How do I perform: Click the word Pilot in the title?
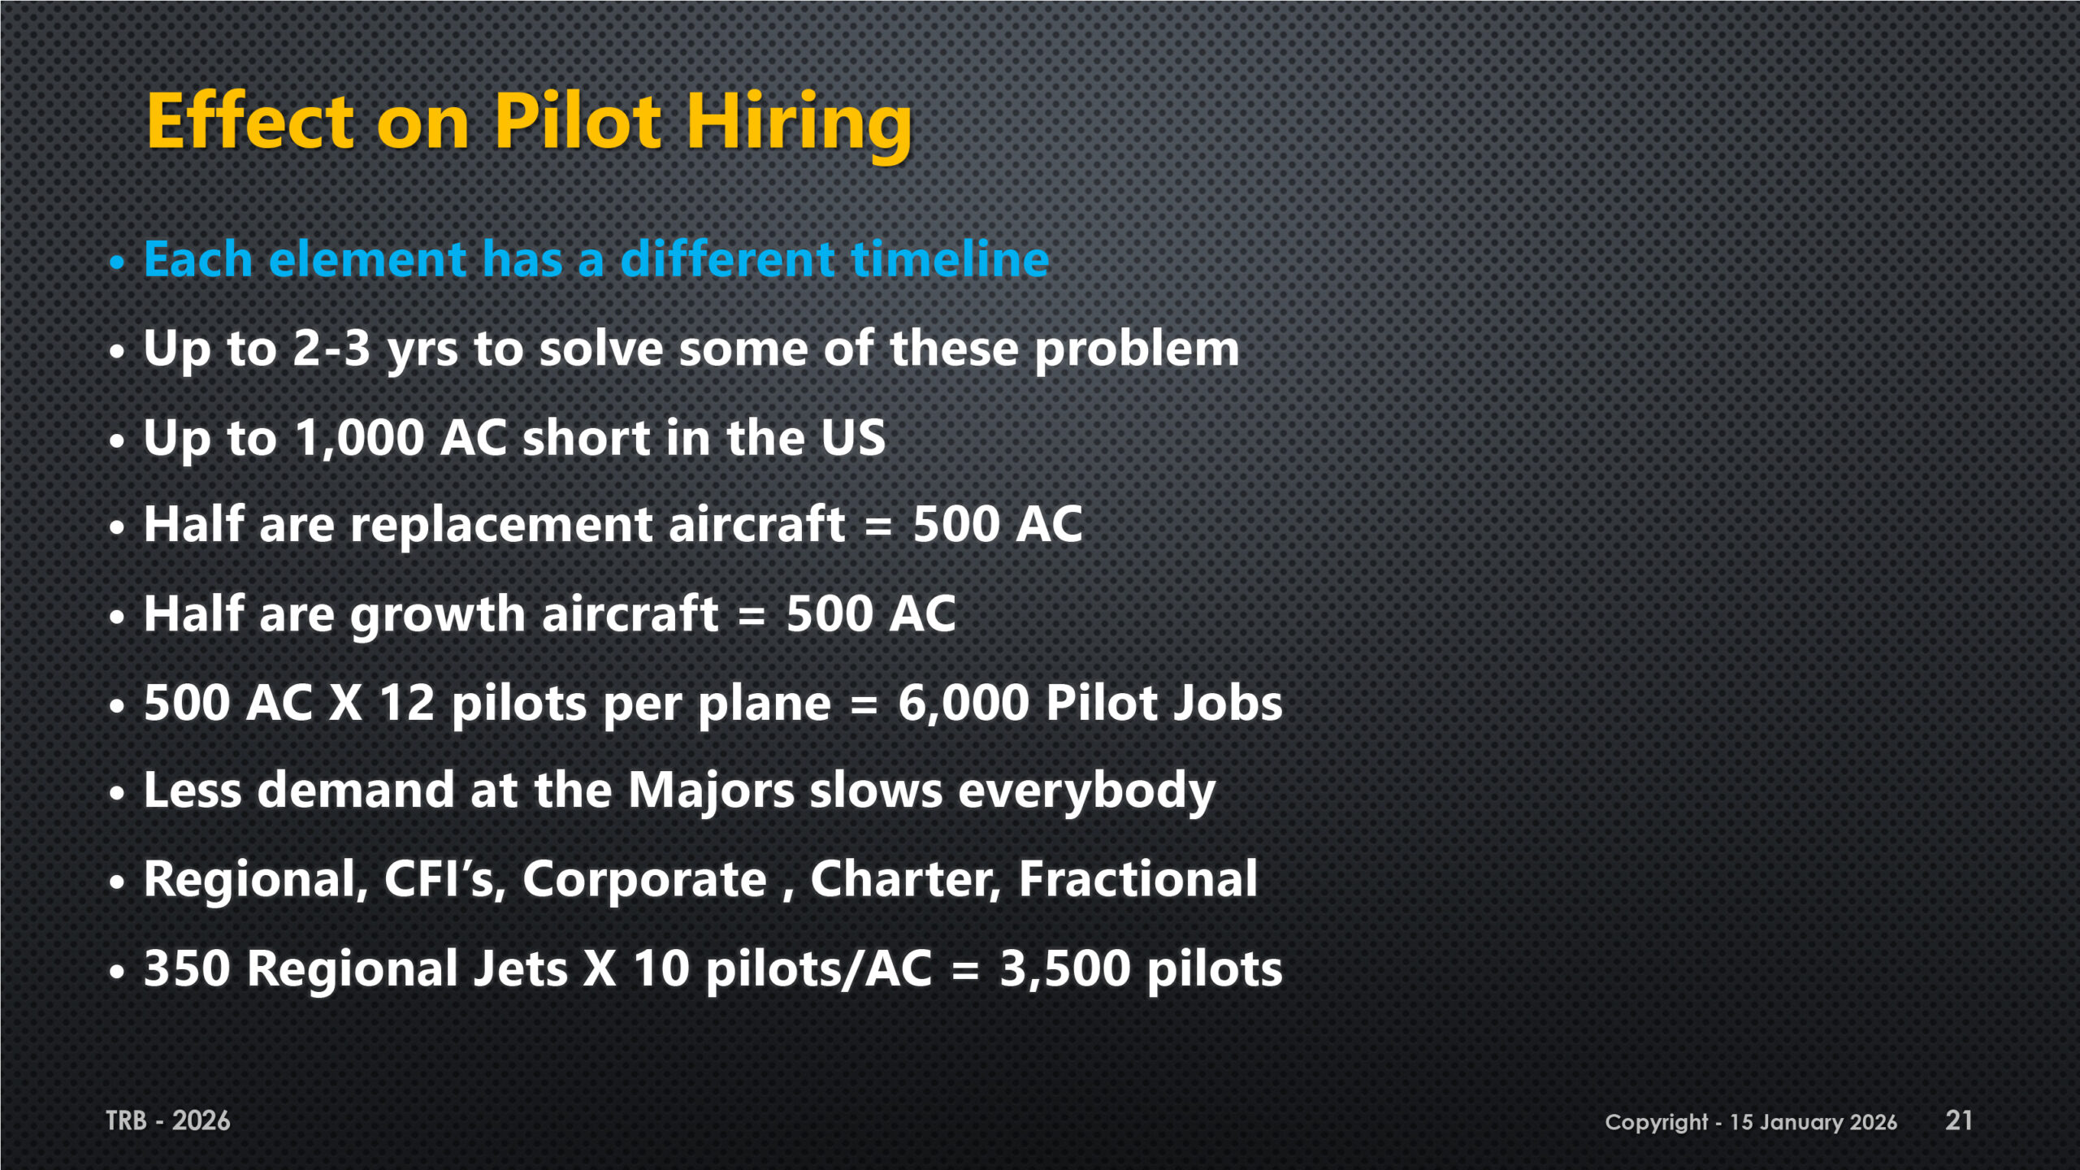coord(578,121)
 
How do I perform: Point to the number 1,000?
coord(359,439)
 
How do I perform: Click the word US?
coord(853,438)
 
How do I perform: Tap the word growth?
coord(438,614)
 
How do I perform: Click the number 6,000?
coord(964,704)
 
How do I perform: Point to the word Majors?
coord(712,791)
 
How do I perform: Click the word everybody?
coord(1087,791)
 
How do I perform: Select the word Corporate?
coord(644,879)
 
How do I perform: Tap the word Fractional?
coord(1138,879)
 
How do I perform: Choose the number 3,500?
coord(1064,969)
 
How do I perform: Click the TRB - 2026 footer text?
coord(168,1121)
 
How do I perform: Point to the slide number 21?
coord(1959,1120)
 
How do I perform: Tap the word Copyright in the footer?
coord(1657,1123)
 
